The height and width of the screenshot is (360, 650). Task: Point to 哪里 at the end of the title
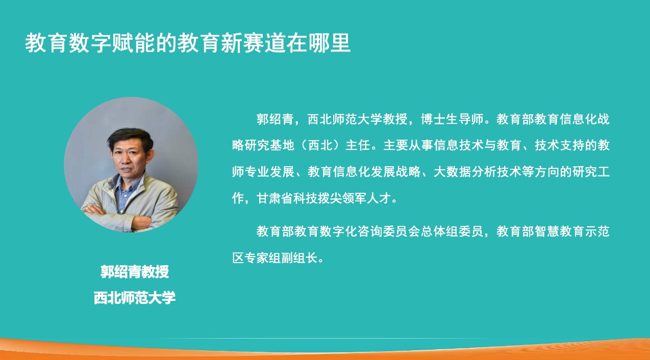(x=329, y=43)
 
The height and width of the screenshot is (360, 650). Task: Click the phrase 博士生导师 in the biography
(x=452, y=119)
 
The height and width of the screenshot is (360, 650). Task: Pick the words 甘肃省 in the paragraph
(x=275, y=198)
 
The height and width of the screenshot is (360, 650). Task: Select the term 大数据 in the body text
(x=453, y=172)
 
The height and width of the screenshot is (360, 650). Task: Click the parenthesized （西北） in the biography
(x=320, y=145)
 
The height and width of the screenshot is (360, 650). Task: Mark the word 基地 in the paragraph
(x=282, y=145)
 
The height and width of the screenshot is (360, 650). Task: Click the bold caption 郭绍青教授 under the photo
(x=134, y=272)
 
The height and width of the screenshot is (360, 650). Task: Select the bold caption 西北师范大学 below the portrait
(x=134, y=298)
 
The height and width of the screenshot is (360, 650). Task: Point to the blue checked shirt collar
(x=127, y=186)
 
